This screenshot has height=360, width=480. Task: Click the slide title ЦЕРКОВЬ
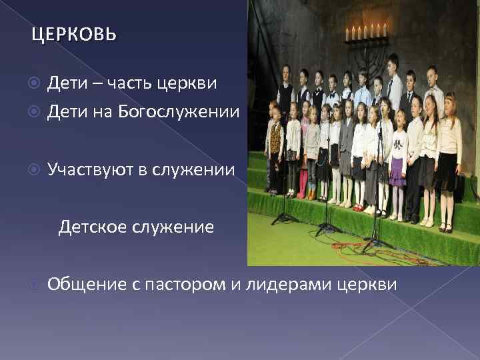tap(73, 34)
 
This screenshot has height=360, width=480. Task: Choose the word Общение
tap(87, 285)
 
